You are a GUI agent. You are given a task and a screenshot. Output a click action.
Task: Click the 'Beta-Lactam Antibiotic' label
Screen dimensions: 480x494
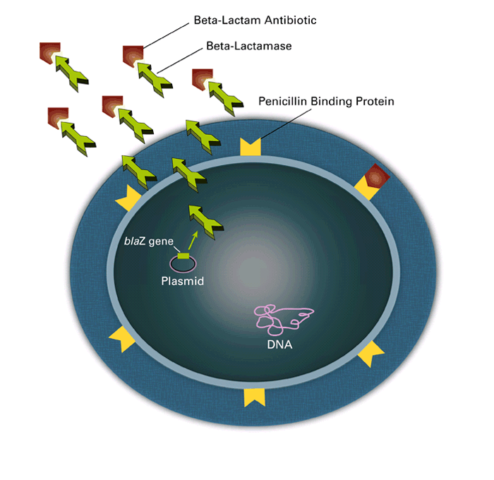(x=255, y=20)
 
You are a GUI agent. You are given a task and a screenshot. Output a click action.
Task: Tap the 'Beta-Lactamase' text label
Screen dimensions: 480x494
(x=248, y=46)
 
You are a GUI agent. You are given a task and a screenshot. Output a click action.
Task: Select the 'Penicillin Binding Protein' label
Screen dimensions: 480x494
(x=326, y=102)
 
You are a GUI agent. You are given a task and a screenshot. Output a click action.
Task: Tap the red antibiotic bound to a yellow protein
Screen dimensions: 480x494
(x=375, y=175)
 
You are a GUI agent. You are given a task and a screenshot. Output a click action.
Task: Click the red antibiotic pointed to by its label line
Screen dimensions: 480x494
(x=132, y=55)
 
